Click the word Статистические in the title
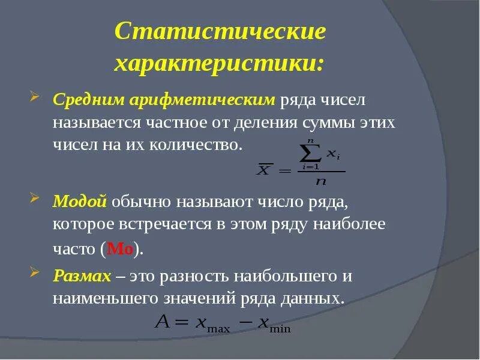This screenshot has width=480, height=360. pos(220,32)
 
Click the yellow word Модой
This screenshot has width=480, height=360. pos(80,201)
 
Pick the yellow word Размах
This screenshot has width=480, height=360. pos(82,277)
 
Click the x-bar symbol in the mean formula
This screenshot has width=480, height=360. pos(264,170)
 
